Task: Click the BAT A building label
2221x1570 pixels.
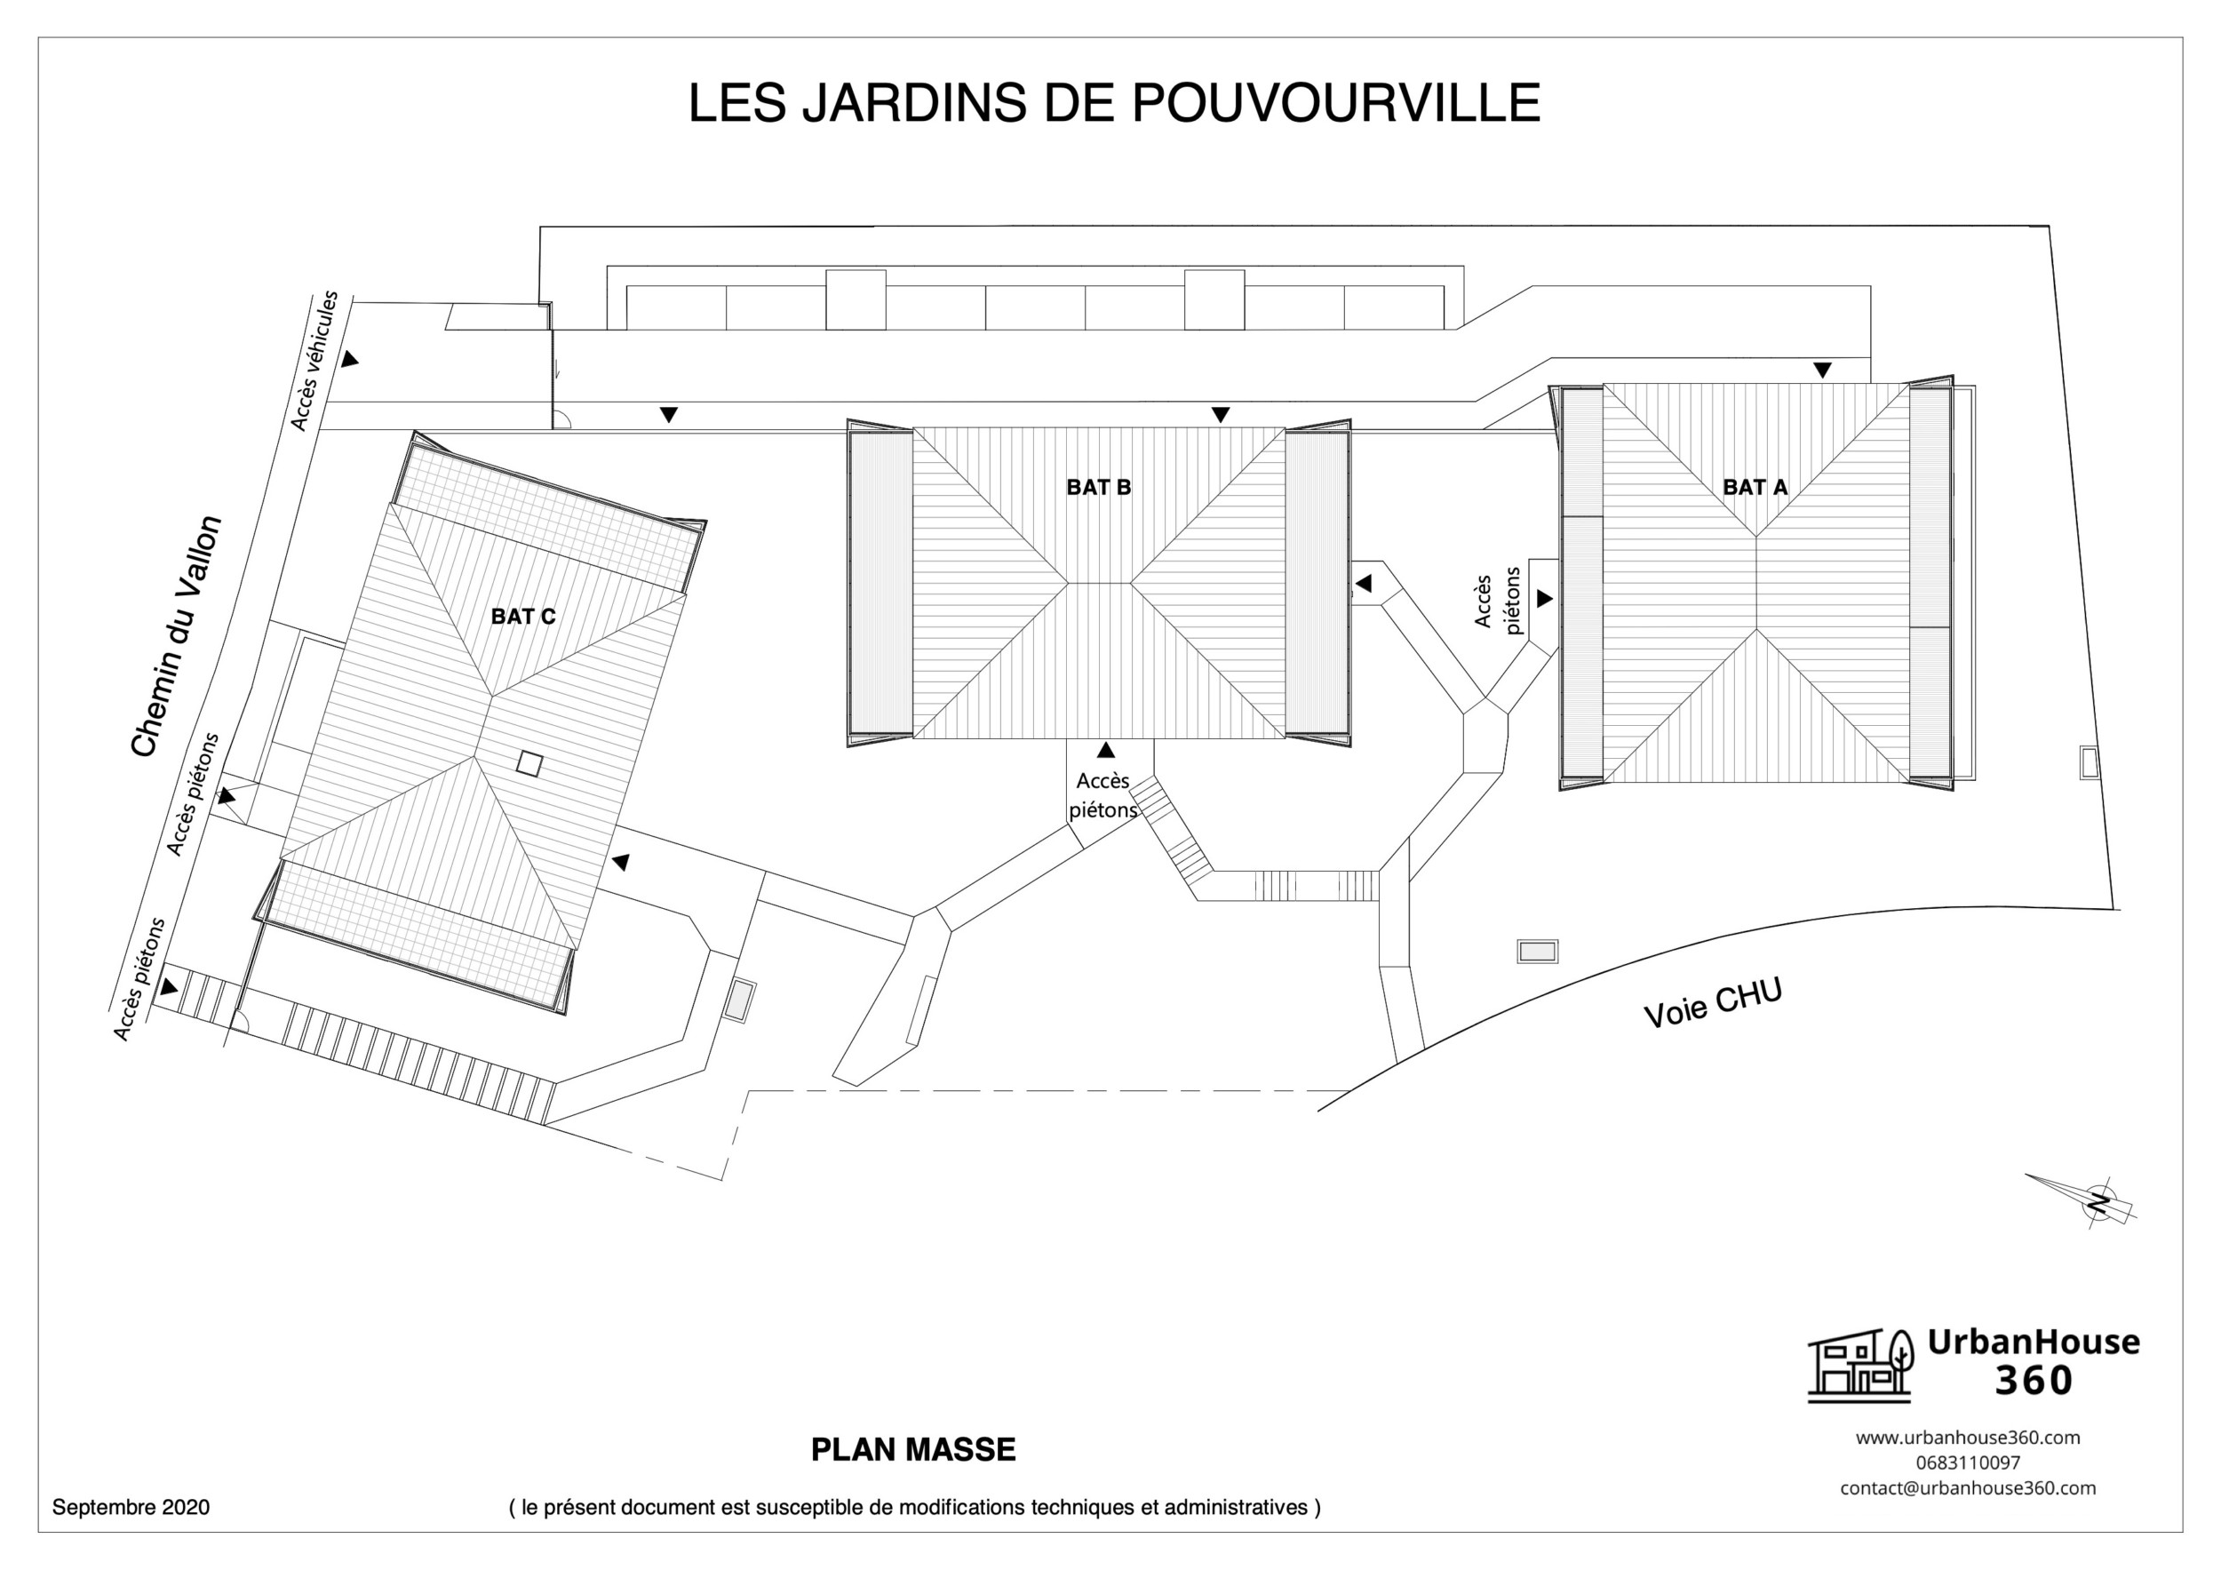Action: (x=1754, y=488)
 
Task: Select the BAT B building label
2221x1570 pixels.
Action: (x=1098, y=488)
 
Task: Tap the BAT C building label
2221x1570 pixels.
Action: (x=522, y=617)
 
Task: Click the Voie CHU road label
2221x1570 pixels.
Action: (x=1712, y=1002)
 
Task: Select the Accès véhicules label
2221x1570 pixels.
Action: (x=314, y=360)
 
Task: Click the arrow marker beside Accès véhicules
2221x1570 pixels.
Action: (x=349, y=359)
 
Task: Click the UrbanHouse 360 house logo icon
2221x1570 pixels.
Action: (x=1860, y=1365)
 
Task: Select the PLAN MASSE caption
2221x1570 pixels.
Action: (x=912, y=1449)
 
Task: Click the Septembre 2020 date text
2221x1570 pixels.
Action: (x=131, y=1507)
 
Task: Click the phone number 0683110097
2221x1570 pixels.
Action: (x=1968, y=1462)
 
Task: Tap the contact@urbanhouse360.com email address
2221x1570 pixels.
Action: (x=1968, y=1487)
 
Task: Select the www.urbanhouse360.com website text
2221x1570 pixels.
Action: (x=1968, y=1438)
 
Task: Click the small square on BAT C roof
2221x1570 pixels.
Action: (x=529, y=763)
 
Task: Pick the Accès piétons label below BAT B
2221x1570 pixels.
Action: (x=1103, y=795)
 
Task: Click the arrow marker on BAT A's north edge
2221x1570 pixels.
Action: (x=1822, y=370)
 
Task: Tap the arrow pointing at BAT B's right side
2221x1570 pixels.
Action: (x=1363, y=584)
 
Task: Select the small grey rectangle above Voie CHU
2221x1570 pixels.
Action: (x=1537, y=952)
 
